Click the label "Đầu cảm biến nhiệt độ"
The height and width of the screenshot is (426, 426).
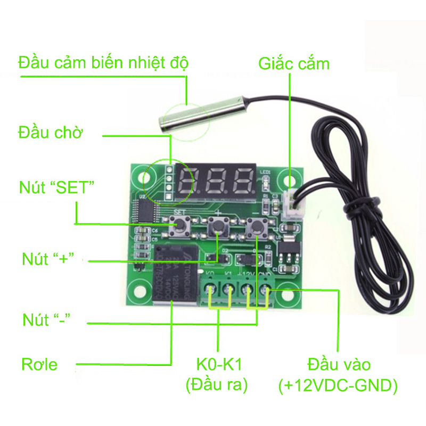click(103, 63)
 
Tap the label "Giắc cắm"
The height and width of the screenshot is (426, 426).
click(294, 64)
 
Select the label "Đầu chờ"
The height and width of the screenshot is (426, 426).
click(51, 132)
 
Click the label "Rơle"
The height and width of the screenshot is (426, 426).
click(39, 365)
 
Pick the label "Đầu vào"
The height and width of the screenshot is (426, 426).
click(339, 365)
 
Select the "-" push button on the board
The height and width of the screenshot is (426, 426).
click(257, 227)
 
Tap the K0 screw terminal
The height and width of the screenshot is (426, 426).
click(211, 291)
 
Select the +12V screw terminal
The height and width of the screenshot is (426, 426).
click(248, 291)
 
